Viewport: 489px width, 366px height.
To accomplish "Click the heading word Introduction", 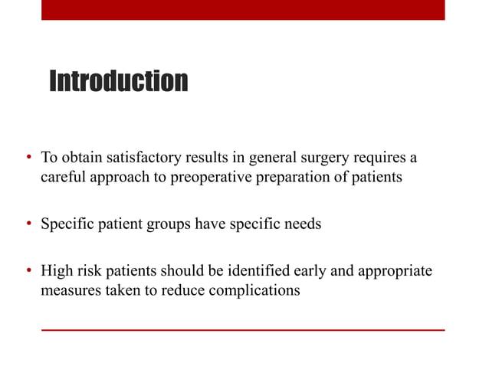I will pyautogui.click(x=118, y=80).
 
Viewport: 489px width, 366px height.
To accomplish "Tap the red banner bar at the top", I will pyautogui.click(x=242, y=9).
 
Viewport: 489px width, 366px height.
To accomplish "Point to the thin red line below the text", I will pyautogui.click(x=242, y=330).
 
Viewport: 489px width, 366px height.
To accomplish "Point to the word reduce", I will pyautogui.click(x=188, y=290).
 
